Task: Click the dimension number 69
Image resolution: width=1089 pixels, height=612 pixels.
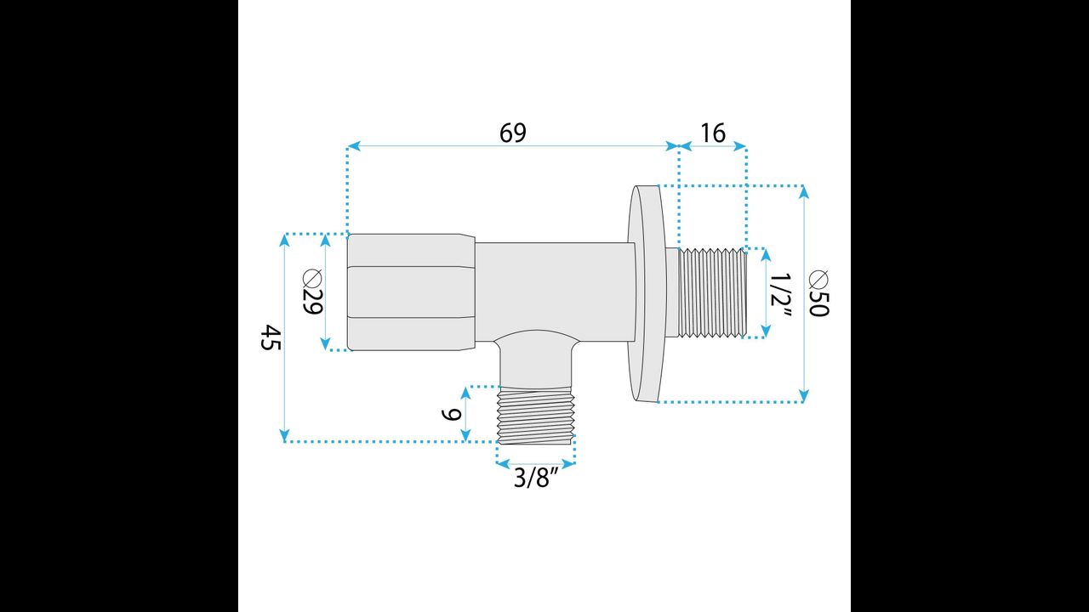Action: tap(512, 133)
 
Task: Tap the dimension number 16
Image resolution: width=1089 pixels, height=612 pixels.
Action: tap(713, 133)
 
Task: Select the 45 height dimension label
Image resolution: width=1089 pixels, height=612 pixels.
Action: tap(271, 337)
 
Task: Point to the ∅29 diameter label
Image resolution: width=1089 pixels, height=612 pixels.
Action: tap(313, 292)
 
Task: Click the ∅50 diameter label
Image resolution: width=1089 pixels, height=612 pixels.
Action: tap(818, 293)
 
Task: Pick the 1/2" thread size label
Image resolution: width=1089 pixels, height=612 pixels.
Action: tap(781, 295)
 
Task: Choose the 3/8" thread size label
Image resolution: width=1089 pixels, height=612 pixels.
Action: tap(534, 479)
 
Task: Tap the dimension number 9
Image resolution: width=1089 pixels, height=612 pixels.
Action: tap(451, 415)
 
